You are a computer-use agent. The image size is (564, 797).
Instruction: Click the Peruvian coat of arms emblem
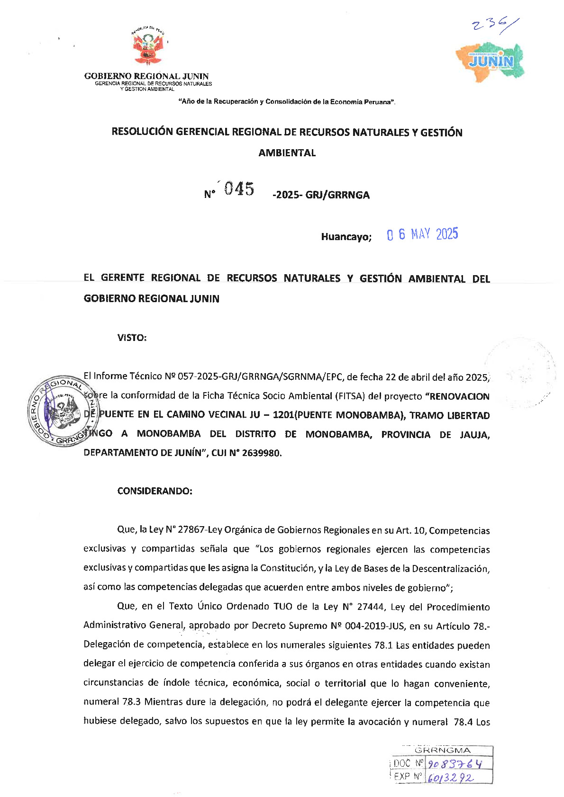pos(147,47)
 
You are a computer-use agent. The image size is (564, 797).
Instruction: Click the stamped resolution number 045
pos(239,189)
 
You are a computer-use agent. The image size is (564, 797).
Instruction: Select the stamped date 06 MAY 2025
pos(422,234)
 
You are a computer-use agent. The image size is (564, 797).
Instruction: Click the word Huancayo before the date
pos(346,237)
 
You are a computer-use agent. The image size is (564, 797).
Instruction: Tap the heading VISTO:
pos(132,338)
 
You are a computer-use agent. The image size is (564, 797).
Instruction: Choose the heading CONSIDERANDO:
pos(155,491)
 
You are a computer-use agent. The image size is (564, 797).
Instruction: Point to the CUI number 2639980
pos(261,453)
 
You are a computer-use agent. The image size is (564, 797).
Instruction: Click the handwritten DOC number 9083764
pos(455,763)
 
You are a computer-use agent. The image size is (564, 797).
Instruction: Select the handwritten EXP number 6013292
pos(450,778)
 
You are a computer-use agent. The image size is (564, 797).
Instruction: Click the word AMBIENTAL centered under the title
pos(287,153)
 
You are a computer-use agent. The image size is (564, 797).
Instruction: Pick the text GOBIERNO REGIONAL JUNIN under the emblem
pos(146,76)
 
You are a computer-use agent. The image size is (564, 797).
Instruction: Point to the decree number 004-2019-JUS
pos(376,626)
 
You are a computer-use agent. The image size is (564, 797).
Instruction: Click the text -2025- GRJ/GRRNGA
pos(321,195)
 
